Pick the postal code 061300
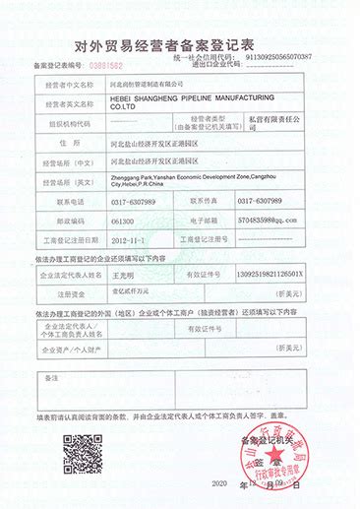point(123,222)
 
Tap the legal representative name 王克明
point(126,274)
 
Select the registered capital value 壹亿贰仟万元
point(134,293)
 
